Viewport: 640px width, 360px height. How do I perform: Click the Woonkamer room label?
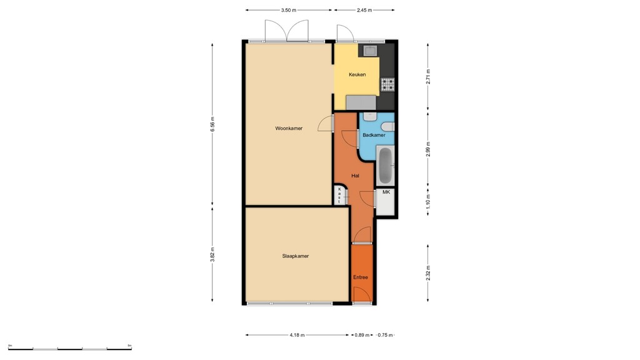(289, 128)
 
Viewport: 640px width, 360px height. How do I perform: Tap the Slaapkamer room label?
(296, 256)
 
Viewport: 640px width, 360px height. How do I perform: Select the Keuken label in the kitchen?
(357, 74)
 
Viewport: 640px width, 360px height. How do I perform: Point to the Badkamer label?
(374, 135)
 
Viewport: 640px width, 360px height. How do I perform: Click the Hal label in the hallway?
(355, 176)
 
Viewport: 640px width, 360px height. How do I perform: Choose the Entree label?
(361, 277)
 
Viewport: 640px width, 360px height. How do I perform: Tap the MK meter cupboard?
(386, 193)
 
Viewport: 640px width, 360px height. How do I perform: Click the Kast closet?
(339, 195)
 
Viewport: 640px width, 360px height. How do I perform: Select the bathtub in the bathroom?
(385, 165)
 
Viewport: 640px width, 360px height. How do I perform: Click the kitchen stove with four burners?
(387, 84)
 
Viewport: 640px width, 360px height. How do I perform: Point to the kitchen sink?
(369, 50)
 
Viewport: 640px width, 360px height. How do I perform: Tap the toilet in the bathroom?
(369, 116)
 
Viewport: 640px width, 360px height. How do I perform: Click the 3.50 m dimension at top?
(289, 10)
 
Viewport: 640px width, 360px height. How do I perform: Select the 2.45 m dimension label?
(364, 10)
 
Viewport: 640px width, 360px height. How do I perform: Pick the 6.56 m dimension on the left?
(212, 124)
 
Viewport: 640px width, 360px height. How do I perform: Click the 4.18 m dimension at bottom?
(297, 335)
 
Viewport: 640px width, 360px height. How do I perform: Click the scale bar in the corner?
(69, 347)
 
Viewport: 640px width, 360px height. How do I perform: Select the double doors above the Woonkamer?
(287, 31)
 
